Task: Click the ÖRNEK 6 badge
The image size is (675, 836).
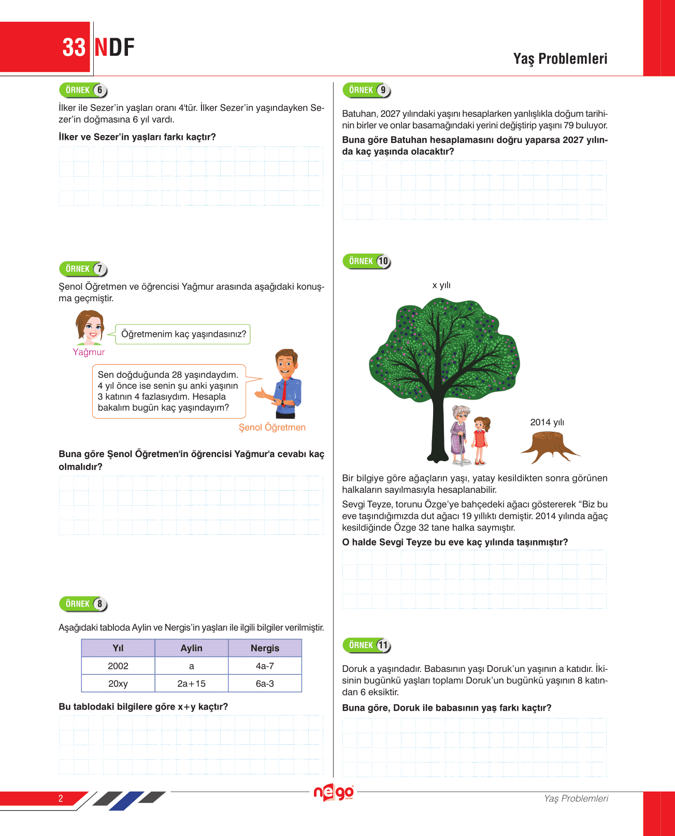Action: (x=83, y=90)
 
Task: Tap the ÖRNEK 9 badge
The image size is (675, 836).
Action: (x=366, y=90)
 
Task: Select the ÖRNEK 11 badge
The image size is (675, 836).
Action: (x=366, y=645)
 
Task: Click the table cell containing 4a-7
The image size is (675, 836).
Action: (x=265, y=666)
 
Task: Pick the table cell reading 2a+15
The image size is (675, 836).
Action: (x=191, y=683)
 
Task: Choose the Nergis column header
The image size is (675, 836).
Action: (x=265, y=648)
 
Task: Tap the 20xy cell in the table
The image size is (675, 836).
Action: (x=118, y=683)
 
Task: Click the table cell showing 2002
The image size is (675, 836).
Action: (x=118, y=666)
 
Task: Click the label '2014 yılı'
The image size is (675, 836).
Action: (x=547, y=422)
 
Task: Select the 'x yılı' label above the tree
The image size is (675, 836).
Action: (x=441, y=285)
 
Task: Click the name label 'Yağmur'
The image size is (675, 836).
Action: (x=89, y=352)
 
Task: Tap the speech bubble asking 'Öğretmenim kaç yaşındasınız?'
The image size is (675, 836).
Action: (x=183, y=334)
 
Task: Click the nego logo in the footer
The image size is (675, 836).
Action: (x=334, y=793)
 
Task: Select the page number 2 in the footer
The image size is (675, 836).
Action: (x=61, y=798)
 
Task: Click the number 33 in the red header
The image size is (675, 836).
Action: (x=74, y=48)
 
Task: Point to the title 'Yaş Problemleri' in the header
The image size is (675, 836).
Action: (x=560, y=59)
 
